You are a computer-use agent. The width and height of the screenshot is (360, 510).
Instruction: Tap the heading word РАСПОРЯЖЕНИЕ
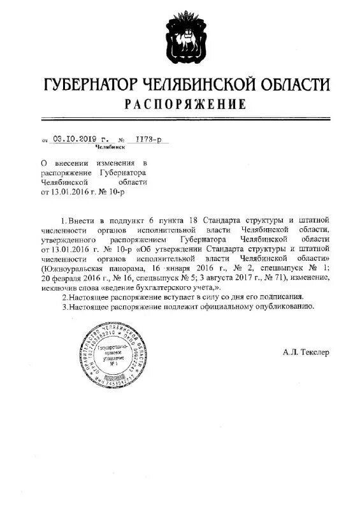pyautogui.click(x=185, y=103)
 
